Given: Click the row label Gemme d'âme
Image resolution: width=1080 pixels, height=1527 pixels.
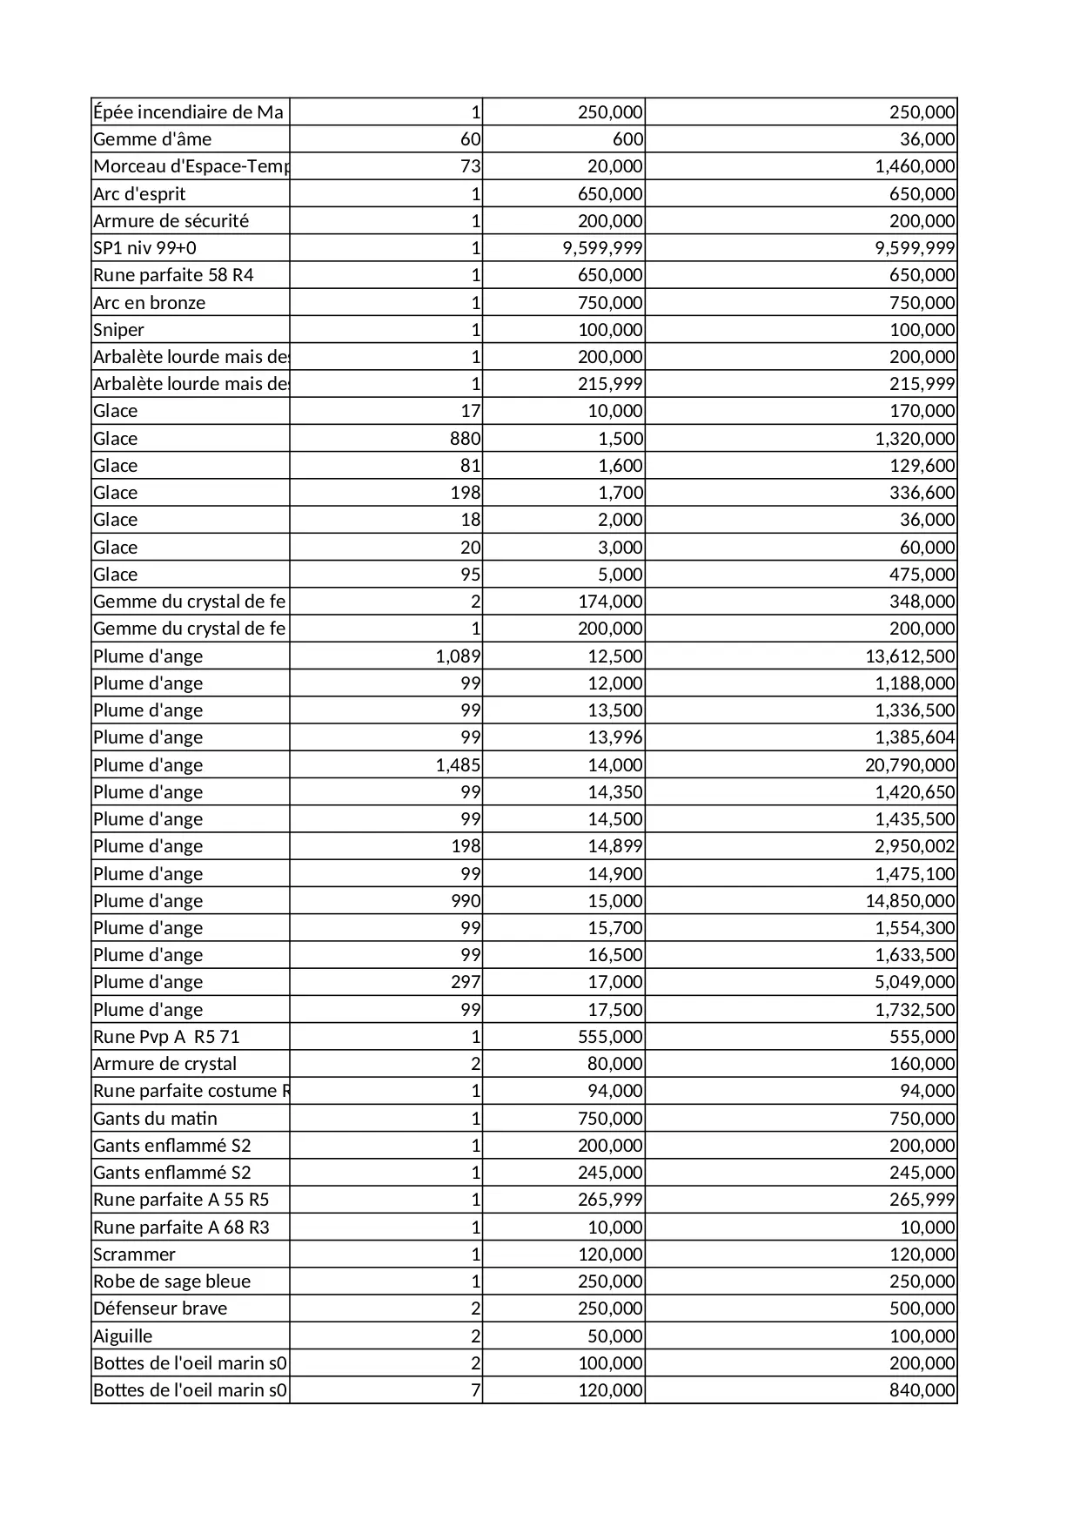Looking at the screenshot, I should click(x=152, y=139).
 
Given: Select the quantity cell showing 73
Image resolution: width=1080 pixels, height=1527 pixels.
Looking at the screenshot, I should click(x=470, y=166).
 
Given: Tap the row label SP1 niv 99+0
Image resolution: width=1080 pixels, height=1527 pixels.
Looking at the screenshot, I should click(x=144, y=248).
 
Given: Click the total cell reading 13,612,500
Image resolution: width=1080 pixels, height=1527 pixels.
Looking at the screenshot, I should click(x=909, y=656).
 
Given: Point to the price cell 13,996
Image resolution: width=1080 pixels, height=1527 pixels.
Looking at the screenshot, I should click(x=615, y=737).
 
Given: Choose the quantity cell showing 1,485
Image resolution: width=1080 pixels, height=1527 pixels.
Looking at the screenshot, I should click(x=458, y=765).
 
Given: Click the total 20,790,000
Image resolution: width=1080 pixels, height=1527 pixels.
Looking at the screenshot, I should click(x=909, y=765).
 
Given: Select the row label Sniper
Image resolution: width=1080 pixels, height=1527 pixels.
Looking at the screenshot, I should click(x=119, y=330).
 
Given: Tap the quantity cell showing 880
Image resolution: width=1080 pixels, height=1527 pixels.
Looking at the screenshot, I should click(x=465, y=439).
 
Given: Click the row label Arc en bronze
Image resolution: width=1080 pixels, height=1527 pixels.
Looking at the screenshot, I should click(x=150, y=303).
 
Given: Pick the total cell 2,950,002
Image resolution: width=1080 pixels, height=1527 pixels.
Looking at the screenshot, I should click(x=915, y=846).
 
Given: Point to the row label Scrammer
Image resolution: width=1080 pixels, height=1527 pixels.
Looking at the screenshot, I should click(x=134, y=1255).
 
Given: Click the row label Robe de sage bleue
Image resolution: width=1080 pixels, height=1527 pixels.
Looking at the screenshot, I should click(x=171, y=1281).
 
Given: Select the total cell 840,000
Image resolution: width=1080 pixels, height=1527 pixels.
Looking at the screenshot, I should click(x=922, y=1390).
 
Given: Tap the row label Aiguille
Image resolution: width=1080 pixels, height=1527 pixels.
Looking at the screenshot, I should click(x=123, y=1336).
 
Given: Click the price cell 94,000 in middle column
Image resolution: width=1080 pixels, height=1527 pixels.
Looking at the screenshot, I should click(x=615, y=1091).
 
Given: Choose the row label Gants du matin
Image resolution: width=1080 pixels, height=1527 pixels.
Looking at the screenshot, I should click(x=155, y=1119).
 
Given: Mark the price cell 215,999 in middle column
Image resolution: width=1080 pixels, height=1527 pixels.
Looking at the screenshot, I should click(x=610, y=384).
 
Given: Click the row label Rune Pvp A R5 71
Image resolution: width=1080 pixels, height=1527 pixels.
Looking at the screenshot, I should click(x=166, y=1037).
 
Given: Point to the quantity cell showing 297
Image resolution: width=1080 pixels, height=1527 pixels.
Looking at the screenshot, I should click(x=466, y=982).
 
